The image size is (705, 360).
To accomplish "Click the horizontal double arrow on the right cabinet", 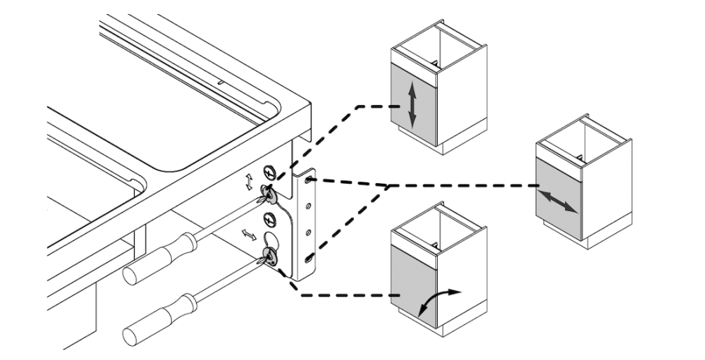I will click(557, 200).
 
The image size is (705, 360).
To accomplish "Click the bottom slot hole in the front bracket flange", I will click(311, 261).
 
